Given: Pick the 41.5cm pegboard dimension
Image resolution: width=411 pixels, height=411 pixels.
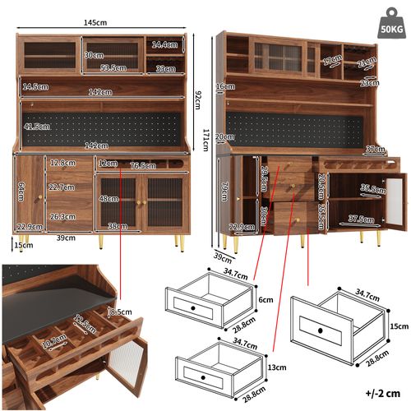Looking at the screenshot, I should click(x=37, y=127).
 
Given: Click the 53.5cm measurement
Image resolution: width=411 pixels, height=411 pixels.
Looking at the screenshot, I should click(x=113, y=68).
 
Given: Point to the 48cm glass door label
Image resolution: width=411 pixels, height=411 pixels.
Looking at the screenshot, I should click(x=108, y=198).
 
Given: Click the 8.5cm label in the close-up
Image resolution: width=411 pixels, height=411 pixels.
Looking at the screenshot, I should click(x=119, y=312).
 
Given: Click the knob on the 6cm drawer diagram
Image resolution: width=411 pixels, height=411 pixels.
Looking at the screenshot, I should click(x=194, y=307).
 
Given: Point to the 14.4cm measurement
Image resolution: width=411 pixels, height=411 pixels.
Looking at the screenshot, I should click(x=166, y=45).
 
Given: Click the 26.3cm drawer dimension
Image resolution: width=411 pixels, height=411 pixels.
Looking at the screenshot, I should click(x=62, y=217).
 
